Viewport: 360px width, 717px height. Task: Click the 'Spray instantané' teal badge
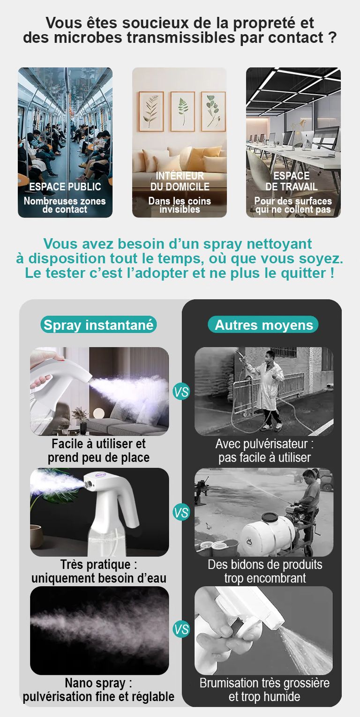(x=98, y=325)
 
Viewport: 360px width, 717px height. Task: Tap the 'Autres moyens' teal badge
(x=263, y=325)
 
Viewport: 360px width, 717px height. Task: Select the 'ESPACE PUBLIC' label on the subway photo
(x=65, y=187)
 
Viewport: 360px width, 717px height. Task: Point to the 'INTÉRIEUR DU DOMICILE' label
(x=180, y=181)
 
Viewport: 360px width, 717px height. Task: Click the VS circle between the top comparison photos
(x=181, y=392)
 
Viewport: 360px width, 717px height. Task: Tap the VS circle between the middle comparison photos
(x=181, y=512)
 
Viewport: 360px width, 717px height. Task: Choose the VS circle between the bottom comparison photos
(x=181, y=629)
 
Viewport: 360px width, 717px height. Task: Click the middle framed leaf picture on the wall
(x=182, y=112)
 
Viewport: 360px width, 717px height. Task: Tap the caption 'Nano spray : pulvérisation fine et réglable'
(x=98, y=689)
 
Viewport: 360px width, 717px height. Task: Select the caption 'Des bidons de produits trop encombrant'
(x=265, y=571)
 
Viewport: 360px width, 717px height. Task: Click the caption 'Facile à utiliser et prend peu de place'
(x=98, y=451)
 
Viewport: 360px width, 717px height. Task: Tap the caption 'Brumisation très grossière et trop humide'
(x=264, y=689)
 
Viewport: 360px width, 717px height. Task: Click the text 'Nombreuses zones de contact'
(x=65, y=205)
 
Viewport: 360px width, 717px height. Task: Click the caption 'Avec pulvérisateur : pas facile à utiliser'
(x=264, y=451)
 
